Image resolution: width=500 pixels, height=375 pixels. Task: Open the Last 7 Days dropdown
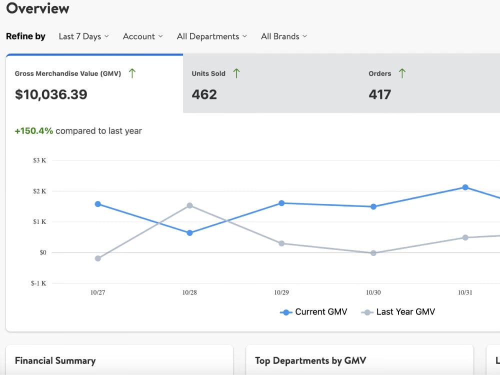click(84, 36)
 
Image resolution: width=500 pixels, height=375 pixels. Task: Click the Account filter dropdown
click(143, 36)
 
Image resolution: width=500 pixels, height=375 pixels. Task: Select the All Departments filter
click(212, 36)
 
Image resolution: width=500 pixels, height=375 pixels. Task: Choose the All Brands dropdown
click(284, 36)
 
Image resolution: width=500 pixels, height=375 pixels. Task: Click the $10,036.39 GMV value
click(51, 94)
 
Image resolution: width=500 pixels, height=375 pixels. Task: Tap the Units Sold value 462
click(204, 94)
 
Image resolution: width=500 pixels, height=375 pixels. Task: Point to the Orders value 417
click(380, 94)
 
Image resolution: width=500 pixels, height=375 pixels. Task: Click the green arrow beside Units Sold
click(236, 73)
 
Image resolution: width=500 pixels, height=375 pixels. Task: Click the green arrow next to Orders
click(402, 73)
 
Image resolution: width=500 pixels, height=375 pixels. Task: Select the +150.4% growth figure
click(34, 130)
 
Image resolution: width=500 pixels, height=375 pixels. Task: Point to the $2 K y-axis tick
click(39, 191)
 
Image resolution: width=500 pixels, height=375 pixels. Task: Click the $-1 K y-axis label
click(38, 283)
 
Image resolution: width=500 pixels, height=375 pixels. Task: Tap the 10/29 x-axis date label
click(281, 292)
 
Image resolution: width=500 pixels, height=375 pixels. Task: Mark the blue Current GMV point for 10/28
click(189, 233)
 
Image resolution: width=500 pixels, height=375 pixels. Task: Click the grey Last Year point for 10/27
click(98, 258)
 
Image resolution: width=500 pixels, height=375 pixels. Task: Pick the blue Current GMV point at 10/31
click(465, 187)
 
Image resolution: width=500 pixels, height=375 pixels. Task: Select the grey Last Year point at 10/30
click(373, 253)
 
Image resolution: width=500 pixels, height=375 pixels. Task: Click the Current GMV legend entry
click(313, 312)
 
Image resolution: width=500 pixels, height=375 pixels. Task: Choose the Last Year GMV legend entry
click(398, 312)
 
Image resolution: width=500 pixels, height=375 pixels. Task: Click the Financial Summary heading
click(55, 360)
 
